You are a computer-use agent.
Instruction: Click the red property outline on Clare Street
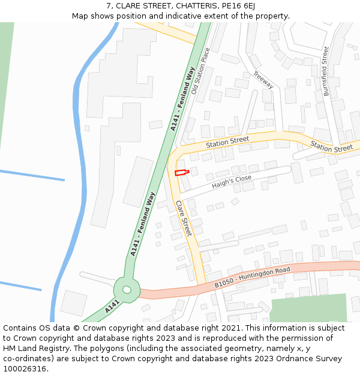181,173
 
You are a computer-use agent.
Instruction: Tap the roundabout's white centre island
127,290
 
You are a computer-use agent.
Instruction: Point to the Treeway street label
263,80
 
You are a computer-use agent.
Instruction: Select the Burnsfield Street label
326,71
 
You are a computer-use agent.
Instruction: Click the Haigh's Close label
232,182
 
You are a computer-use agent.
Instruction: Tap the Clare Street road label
183,218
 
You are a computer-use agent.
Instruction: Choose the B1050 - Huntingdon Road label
252,277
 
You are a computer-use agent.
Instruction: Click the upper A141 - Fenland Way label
183,100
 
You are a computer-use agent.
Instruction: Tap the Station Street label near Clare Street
227,142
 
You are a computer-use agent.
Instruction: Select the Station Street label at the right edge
331,147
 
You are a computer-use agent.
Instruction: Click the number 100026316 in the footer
25,369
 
